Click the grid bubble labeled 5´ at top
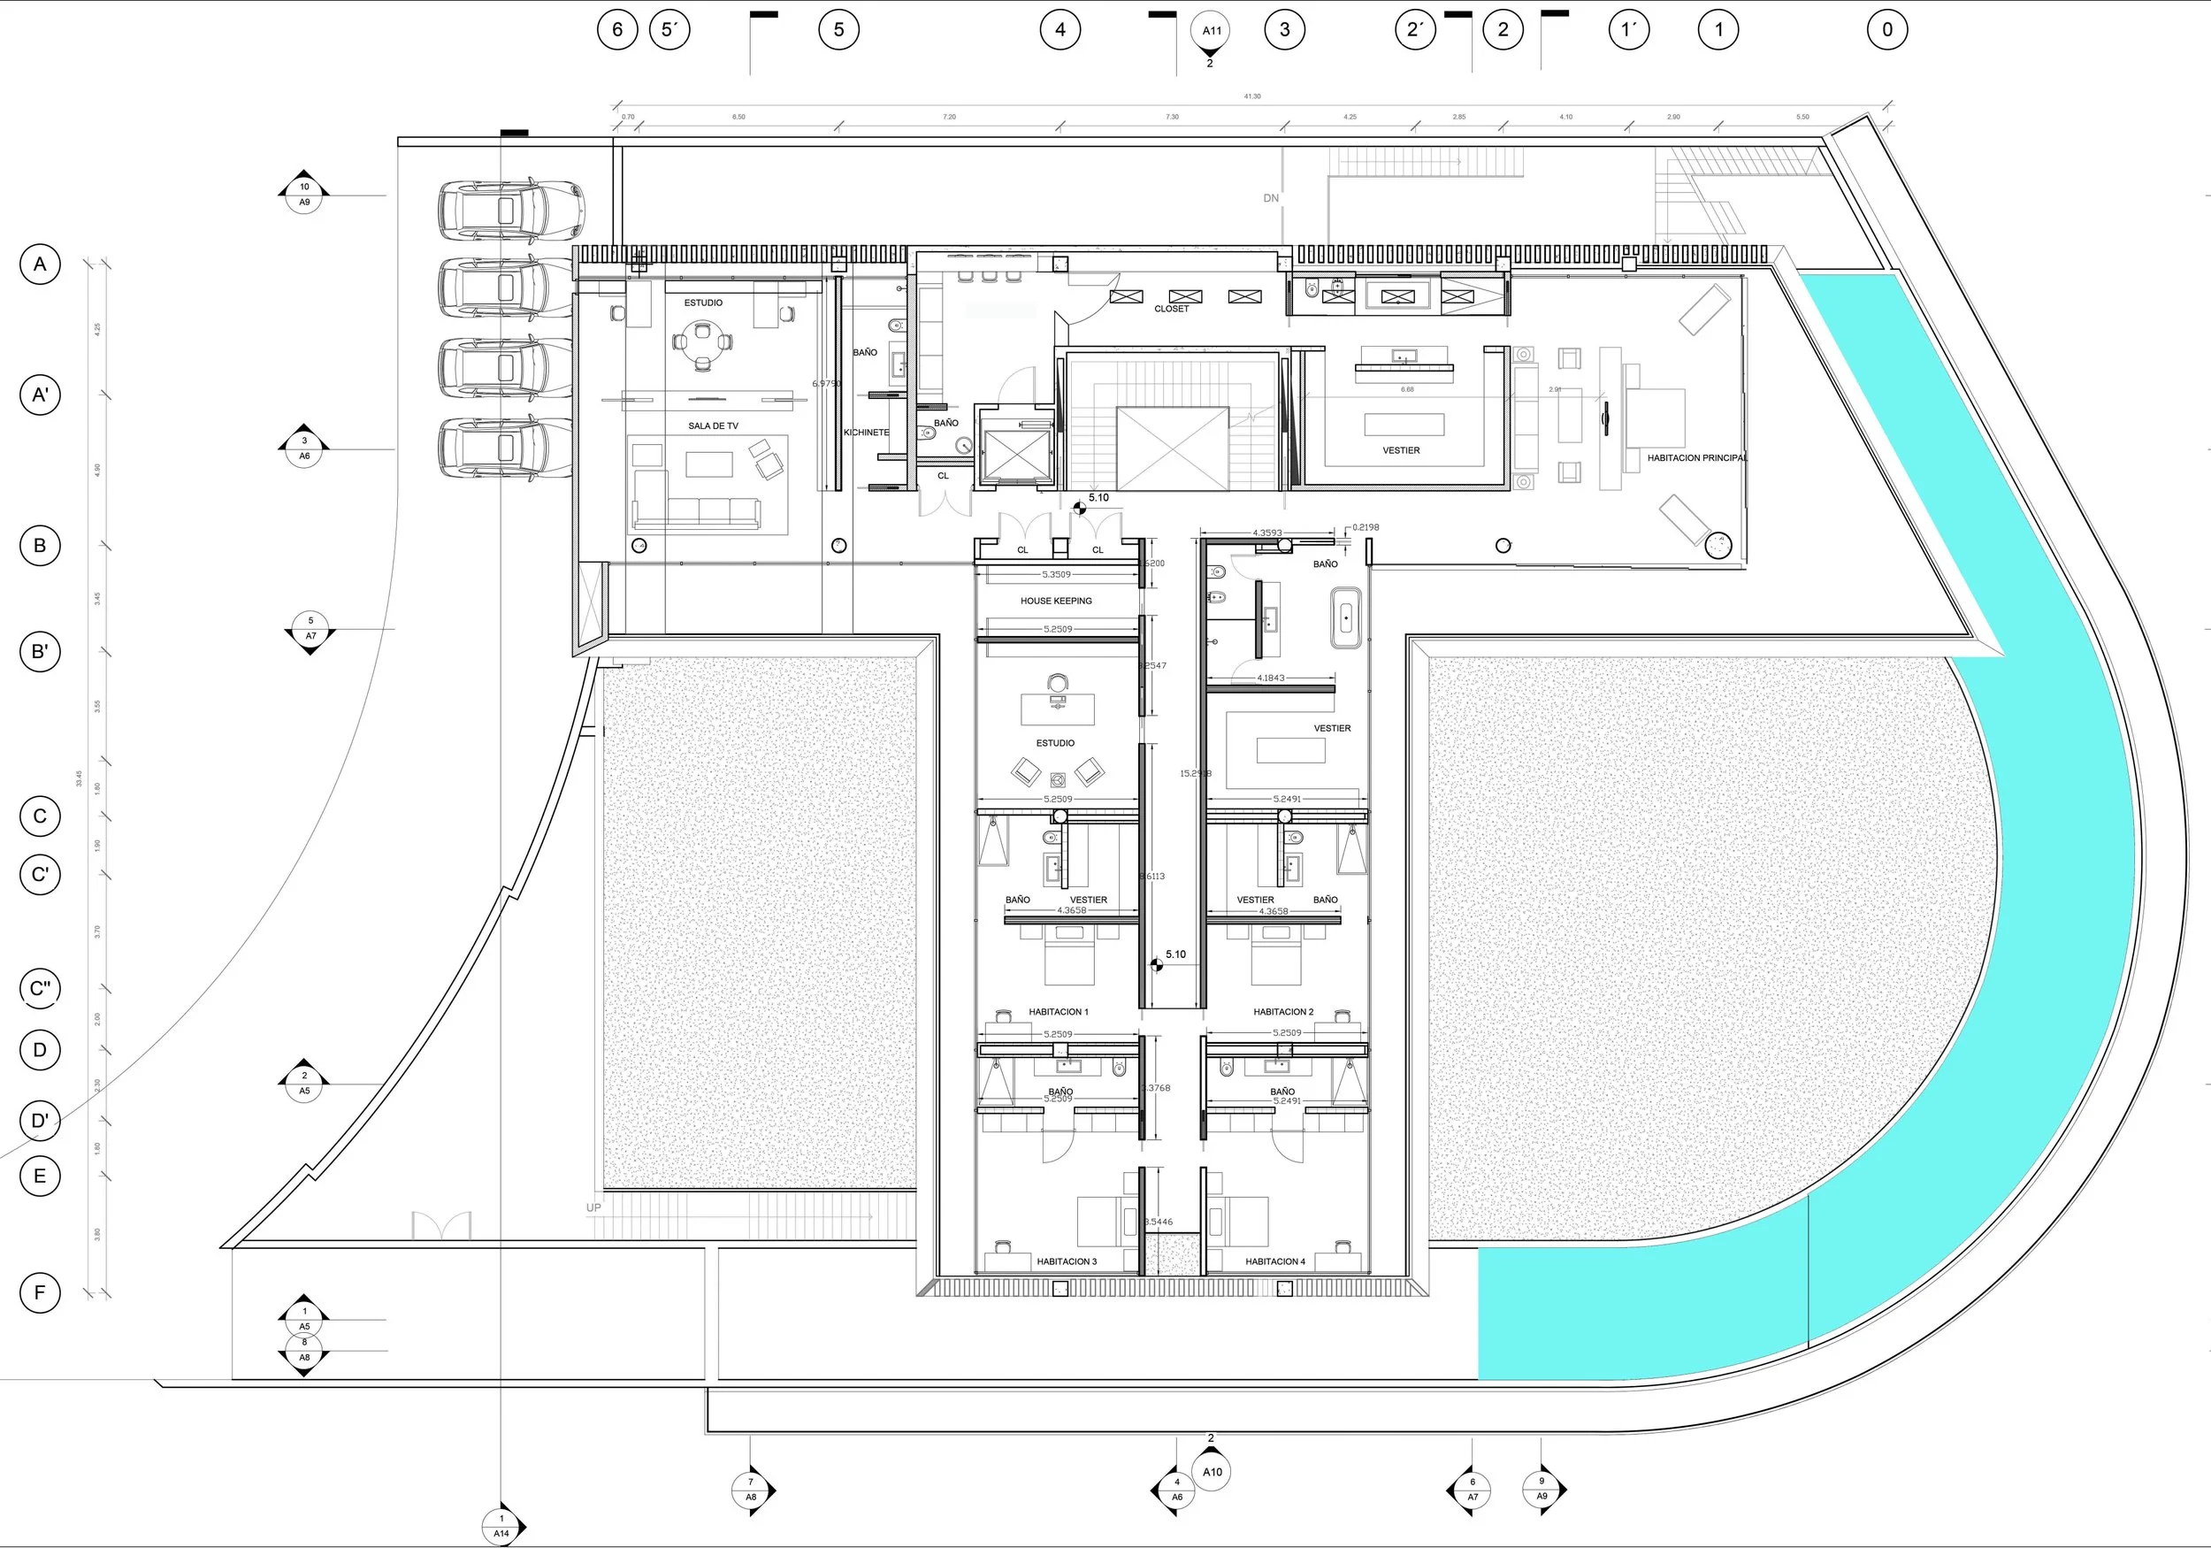669,30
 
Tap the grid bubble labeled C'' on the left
41,988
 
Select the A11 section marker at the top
1212,31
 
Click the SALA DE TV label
713,425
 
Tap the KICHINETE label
867,433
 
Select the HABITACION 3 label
1066,1261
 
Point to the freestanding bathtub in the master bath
1345,617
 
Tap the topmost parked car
509,209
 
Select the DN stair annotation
1271,198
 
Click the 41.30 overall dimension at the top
1252,96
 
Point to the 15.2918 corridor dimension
1195,773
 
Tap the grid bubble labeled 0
1886,30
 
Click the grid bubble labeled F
41,1292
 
